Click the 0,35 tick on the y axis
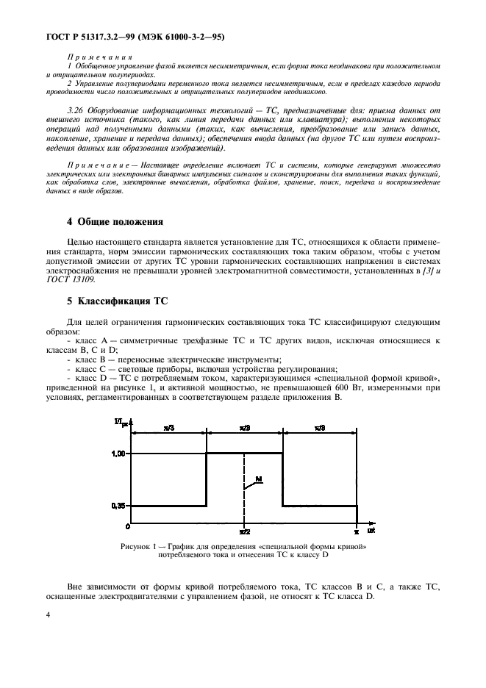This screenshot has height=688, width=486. point(119,506)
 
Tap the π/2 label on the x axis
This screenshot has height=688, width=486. point(245,531)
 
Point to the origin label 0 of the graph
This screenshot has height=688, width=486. point(127,527)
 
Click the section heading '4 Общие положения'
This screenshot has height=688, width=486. point(115,221)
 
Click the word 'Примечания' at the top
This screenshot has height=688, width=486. point(99,56)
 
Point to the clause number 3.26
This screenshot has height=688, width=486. point(76,107)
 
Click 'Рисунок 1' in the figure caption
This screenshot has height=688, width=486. point(143,546)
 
